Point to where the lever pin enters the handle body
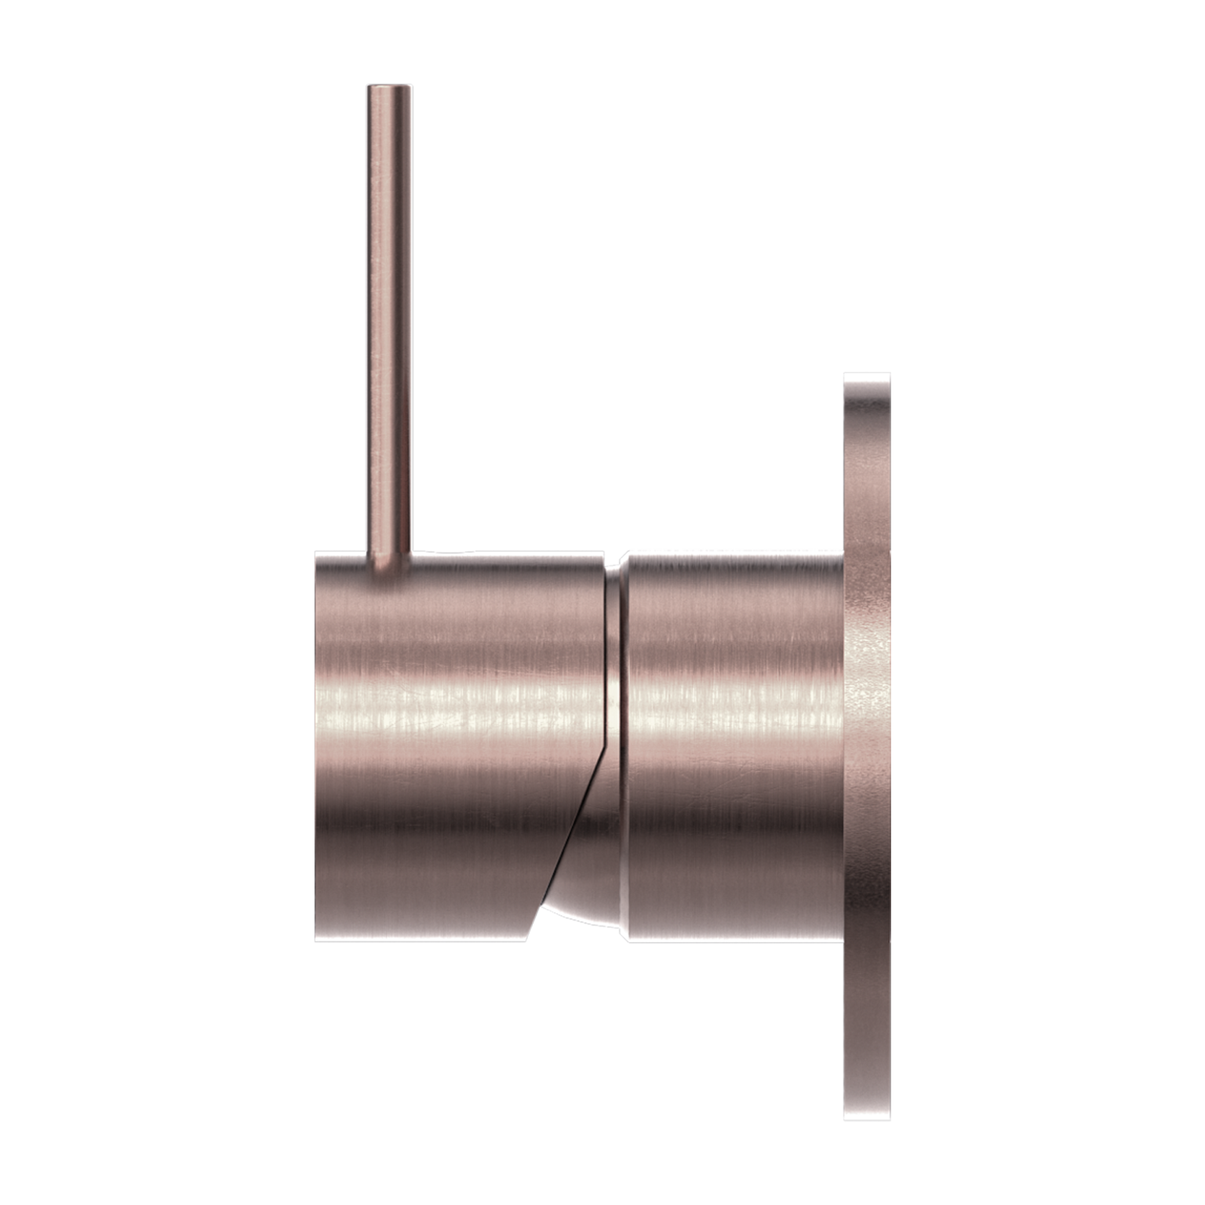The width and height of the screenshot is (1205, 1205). point(388,559)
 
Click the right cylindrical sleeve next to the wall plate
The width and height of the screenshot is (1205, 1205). point(734,745)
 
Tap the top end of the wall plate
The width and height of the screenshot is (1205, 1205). point(867,377)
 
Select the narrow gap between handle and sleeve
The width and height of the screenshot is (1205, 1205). point(613,667)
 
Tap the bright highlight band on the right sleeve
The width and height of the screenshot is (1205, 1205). point(734,694)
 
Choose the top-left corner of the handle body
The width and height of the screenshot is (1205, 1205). point(317,553)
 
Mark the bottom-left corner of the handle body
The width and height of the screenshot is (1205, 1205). point(317,940)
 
